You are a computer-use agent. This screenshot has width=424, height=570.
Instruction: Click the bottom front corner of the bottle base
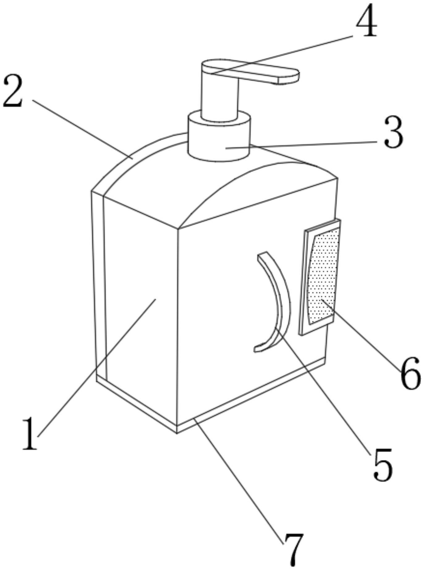point(177,433)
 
